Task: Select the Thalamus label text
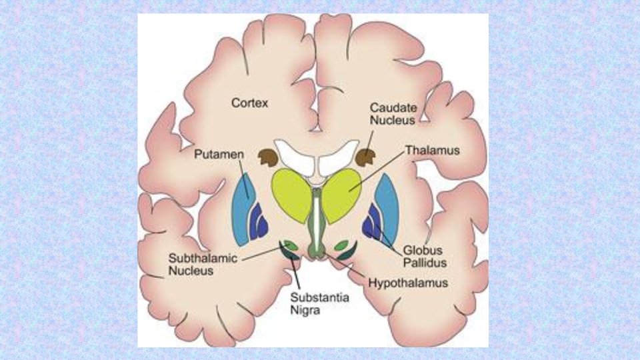(x=433, y=151)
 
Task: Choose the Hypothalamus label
(x=408, y=283)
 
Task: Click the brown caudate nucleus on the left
(x=268, y=158)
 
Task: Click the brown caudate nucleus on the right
(x=367, y=157)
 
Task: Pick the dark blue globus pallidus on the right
(x=371, y=224)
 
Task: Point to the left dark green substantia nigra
(x=291, y=253)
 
